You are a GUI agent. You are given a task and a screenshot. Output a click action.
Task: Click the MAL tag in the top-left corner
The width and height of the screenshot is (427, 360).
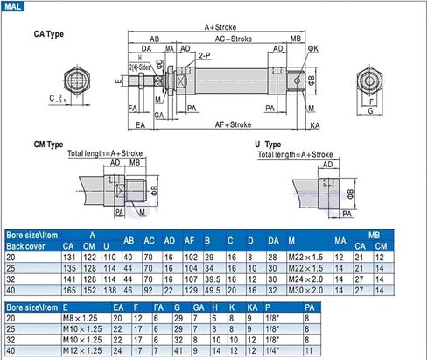pyautogui.click(x=14, y=6)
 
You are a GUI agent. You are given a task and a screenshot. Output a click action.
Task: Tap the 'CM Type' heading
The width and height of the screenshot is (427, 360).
pyautogui.click(x=48, y=144)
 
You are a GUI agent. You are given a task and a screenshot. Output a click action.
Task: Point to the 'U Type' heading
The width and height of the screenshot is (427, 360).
pyautogui.click(x=268, y=144)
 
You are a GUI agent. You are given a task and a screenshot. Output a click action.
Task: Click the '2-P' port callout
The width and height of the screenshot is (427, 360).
pyautogui.click(x=203, y=54)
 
